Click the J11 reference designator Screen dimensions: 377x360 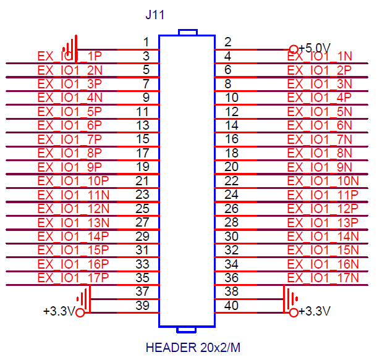(155, 15)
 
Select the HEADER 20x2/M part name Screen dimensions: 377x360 (193, 347)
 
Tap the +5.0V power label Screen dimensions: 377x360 (315, 48)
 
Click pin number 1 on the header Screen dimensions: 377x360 (146, 42)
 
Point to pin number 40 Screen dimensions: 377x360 (231, 305)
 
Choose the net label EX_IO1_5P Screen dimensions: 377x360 (70, 112)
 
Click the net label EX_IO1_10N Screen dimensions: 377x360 (323, 181)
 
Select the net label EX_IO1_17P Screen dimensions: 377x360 (73, 278)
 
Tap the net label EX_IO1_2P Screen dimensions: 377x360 (320, 70)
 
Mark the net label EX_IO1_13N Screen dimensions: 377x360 (74, 223)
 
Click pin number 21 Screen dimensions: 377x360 (142, 181)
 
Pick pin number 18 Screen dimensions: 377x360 (232, 153)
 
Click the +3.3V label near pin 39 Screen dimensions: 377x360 (59, 311)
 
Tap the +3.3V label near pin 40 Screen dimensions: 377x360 (314, 311)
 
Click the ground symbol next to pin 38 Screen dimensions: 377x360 (290, 299)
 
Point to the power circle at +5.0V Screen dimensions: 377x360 (294, 49)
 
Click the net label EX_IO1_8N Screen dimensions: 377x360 (320, 153)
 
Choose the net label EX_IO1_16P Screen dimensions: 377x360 (73, 264)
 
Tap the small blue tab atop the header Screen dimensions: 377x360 (188, 33)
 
